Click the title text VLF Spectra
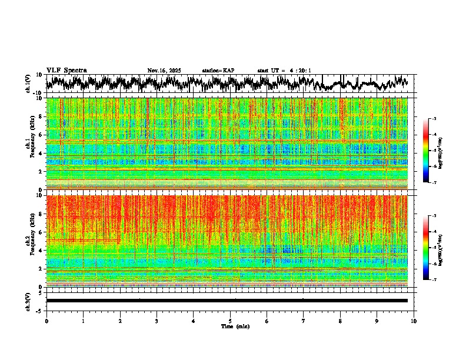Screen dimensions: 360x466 pyautogui.click(x=66, y=71)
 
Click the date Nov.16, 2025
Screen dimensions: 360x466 pyautogui.click(x=164, y=71)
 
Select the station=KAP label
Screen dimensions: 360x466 pyautogui.click(x=218, y=71)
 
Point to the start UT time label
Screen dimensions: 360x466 pyautogui.click(x=284, y=71)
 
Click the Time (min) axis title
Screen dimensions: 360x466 pyautogui.click(x=235, y=326)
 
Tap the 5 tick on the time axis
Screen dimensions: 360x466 pyautogui.click(x=230, y=321)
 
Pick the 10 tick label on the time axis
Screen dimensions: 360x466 pyautogui.click(x=414, y=321)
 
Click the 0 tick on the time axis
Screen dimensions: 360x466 pyautogui.click(x=46, y=321)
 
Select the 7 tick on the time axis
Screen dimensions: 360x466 pyautogui.click(x=304, y=321)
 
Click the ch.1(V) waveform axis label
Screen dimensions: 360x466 pyautogui.click(x=28, y=84)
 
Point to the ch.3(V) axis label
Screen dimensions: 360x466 pyautogui.click(x=28, y=301)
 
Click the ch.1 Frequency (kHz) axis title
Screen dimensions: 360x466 pyautogui.click(x=30, y=144)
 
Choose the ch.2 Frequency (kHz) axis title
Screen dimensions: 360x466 pyautogui.click(x=30, y=241)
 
